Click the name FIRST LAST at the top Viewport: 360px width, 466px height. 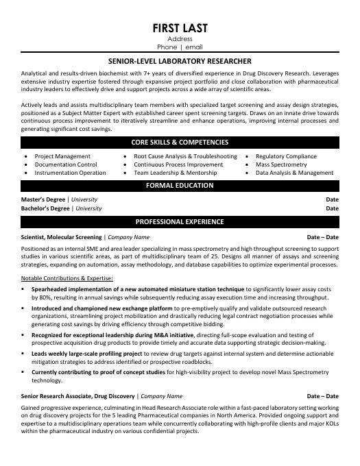click(x=180, y=28)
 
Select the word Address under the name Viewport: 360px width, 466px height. click(x=180, y=40)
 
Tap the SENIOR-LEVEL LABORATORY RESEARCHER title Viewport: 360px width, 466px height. click(x=180, y=61)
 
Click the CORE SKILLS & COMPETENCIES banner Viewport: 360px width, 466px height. click(x=180, y=142)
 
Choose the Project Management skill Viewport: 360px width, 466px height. click(x=62, y=156)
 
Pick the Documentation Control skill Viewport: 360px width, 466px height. click(x=66, y=164)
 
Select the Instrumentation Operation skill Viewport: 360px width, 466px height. click(x=70, y=173)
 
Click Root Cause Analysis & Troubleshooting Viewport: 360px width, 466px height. click(x=185, y=156)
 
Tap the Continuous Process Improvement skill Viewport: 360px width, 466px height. click(x=178, y=164)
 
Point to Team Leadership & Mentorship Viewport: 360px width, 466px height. click(x=176, y=173)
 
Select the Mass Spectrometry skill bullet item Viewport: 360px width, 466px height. click(x=281, y=164)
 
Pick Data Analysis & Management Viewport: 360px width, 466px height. click(x=294, y=173)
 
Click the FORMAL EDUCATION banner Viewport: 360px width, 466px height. click(x=180, y=186)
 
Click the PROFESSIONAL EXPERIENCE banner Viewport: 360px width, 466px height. click(x=180, y=222)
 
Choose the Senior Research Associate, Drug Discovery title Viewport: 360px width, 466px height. click(x=78, y=396)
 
